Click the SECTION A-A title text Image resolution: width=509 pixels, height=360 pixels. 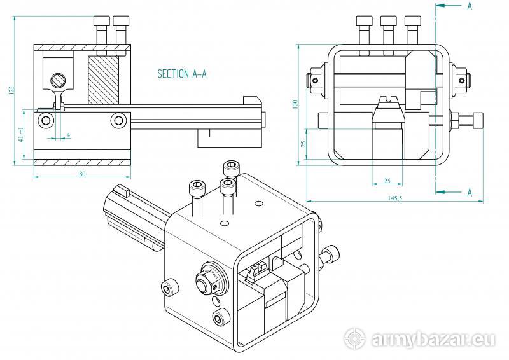tap(182, 74)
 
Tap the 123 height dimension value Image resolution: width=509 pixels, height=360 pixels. tap(11, 90)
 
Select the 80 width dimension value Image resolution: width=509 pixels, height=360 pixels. tap(82, 174)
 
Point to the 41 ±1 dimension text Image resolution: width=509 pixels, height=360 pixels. tap(21, 134)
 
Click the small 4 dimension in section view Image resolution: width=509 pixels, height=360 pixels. tap(68, 135)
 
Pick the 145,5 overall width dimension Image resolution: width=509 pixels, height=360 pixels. tap(394, 198)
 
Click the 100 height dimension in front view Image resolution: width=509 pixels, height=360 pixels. tap(295, 104)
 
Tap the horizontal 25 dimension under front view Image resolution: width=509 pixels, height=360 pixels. tap(386, 181)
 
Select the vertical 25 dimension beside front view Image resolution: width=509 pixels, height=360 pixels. tap(303, 144)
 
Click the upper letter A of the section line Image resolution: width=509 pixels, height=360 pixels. tap(469, 6)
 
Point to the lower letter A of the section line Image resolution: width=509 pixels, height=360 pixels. tap(469, 191)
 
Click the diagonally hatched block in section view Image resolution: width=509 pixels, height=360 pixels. tap(103, 79)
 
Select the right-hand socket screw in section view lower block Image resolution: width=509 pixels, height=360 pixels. tap(118, 120)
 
